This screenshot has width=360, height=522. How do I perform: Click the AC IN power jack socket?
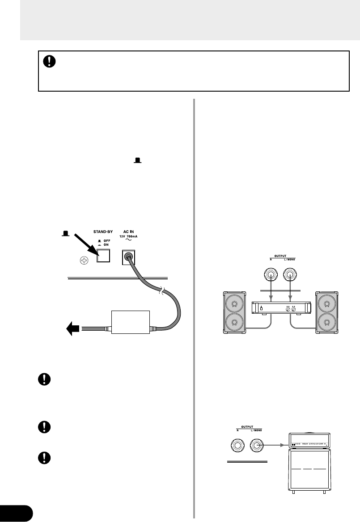(x=129, y=257)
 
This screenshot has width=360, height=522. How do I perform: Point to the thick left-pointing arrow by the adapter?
(x=72, y=330)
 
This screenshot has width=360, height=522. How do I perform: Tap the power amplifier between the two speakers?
(x=279, y=308)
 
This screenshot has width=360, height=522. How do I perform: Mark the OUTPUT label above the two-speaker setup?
(x=279, y=257)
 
